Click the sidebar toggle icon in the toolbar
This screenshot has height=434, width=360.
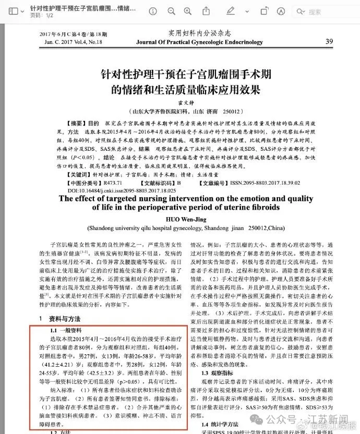pos(14,11)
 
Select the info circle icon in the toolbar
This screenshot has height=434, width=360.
pos(152,11)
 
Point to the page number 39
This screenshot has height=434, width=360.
pos(329,41)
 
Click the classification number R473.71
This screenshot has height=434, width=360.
pos(112,183)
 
